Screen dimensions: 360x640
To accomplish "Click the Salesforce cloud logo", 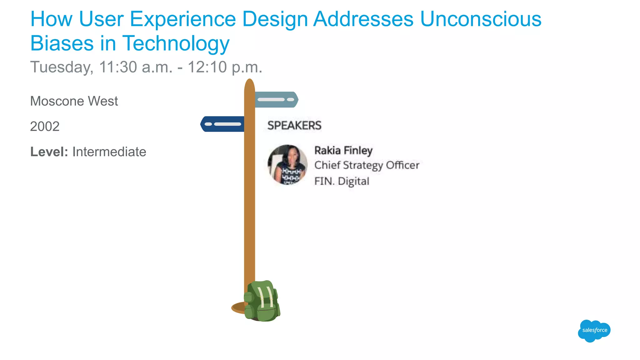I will pyautogui.click(x=594, y=331).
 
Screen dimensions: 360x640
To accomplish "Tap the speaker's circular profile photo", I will pyautogui.click(x=287, y=165).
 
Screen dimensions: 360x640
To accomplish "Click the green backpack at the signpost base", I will pyautogui.click(x=262, y=301).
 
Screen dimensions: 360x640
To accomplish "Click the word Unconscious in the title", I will pyautogui.click(x=481, y=19).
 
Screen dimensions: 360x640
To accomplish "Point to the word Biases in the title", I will pyautogui.click(x=62, y=43).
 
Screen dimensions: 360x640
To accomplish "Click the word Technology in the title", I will pyautogui.click(x=176, y=43).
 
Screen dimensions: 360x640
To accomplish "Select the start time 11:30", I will pyautogui.click(x=118, y=67).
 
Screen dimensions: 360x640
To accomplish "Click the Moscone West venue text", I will pyautogui.click(x=74, y=101).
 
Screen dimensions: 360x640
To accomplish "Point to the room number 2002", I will pyautogui.click(x=45, y=127).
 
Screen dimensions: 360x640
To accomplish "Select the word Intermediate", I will pyautogui.click(x=109, y=152).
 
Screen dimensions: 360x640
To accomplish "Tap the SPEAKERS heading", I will pyautogui.click(x=294, y=126).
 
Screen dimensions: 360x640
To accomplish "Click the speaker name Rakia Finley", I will pyautogui.click(x=343, y=151).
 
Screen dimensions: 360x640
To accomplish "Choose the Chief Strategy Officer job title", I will pyautogui.click(x=367, y=165).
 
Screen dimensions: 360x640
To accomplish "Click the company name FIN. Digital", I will pyautogui.click(x=342, y=181).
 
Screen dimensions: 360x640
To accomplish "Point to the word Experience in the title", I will pyautogui.click(x=183, y=19).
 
